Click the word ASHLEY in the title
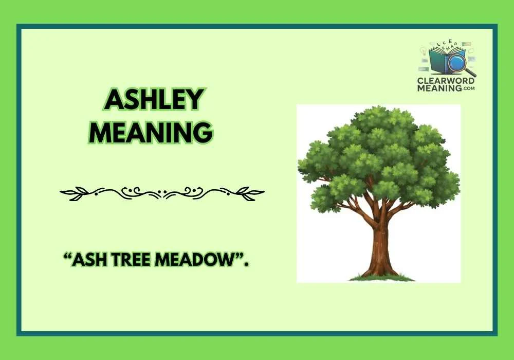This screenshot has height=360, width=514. click(x=154, y=100)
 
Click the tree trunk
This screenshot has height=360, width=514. click(x=381, y=247)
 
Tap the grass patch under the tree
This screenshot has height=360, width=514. click(x=381, y=278)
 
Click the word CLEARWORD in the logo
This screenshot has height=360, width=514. click(x=446, y=81)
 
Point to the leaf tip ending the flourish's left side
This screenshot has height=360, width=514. click(x=62, y=193)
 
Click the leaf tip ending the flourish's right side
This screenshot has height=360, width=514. click(x=263, y=193)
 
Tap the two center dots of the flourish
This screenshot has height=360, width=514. click(x=162, y=193)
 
